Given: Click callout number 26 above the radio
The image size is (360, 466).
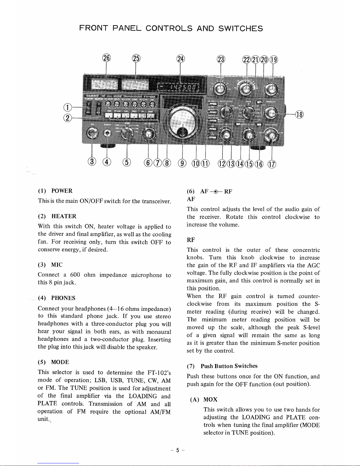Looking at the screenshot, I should click(x=106, y=58).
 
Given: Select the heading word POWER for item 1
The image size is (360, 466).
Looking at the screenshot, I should click(x=62, y=191).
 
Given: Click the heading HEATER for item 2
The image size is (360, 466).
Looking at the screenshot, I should click(x=64, y=216).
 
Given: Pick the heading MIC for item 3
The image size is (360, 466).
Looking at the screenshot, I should click(x=57, y=265).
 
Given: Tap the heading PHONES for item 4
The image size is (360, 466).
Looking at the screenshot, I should click(x=63, y=298).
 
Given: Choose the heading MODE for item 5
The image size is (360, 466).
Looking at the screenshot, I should click(x=60, y=362).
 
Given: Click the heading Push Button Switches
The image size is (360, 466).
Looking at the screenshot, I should click(x=229, y=366).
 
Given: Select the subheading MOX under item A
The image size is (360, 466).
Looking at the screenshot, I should click(x=210, y=400).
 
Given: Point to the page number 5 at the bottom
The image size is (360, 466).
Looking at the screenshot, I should click(x=178, y=450).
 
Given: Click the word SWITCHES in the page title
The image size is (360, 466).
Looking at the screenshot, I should click(x=240, y=29).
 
